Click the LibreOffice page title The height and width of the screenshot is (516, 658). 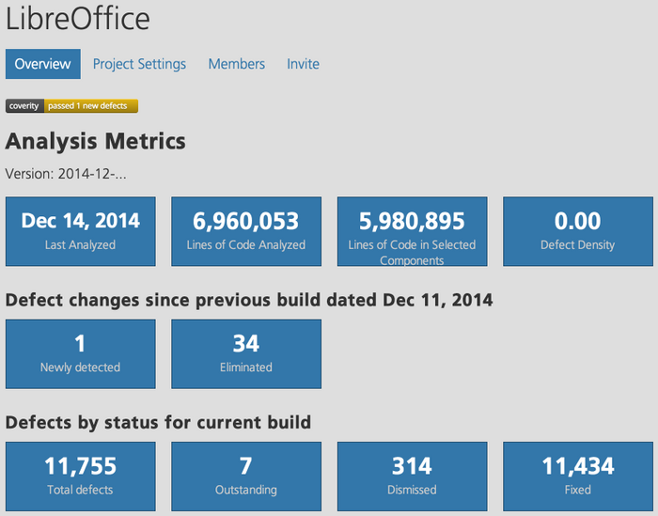(77, 20)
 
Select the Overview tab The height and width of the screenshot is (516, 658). (43, 64)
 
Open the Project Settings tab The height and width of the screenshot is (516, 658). (139, 64)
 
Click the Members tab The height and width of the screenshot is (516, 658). (237, 64)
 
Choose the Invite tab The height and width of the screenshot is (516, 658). (304, 64)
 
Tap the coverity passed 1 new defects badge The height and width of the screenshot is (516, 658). (72, 106)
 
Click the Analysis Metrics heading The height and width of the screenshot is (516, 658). (96, 141)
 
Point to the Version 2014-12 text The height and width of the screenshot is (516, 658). (66, 174)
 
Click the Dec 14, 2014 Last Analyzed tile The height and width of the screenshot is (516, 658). (81, 231)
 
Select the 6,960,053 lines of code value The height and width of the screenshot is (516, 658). (246, 221)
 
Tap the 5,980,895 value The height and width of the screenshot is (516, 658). (412, 221)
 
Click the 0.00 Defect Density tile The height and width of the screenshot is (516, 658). (577, 231)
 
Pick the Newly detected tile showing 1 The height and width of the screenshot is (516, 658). (81, 353)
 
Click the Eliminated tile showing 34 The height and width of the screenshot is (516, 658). (246, 353)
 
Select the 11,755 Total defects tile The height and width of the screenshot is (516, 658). (81, 476)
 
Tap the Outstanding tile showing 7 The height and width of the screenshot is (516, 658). (246, 476)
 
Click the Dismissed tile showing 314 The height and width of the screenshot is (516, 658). (412, 476)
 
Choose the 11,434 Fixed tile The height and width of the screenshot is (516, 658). (577, 476)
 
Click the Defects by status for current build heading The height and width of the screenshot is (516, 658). (158, 422)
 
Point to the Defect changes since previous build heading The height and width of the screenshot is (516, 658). (249, 300)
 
